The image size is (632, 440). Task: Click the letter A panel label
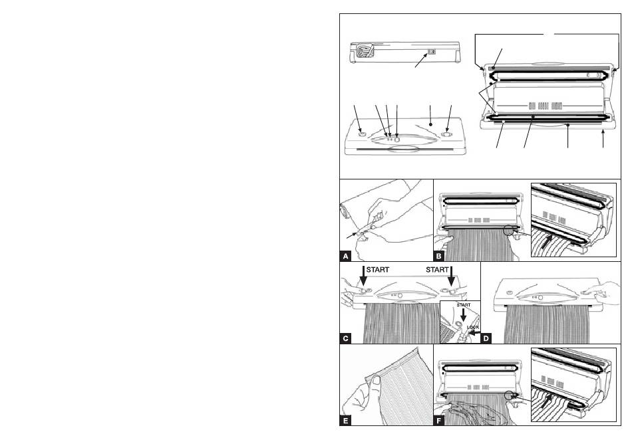click(x=345, y=255)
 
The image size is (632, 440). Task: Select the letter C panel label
click(x=345, y=338)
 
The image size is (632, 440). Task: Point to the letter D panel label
click(x=487, y=338)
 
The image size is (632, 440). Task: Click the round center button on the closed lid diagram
click(x=397, y=139)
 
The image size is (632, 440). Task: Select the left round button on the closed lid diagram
click(x=361, y=134)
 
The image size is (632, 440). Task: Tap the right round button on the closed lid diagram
click(x=446, y=135)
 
